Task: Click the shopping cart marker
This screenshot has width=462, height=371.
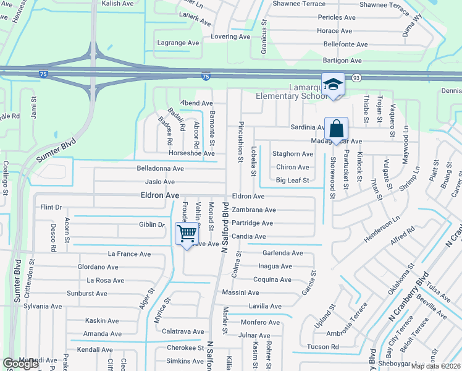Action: click(187, 234)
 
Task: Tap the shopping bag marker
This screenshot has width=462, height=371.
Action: click(336, 129)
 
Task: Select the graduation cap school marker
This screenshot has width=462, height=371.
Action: click(333, 85)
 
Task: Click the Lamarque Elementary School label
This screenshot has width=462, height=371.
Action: click(292, 92)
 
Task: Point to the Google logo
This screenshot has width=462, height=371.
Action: click(20, 364)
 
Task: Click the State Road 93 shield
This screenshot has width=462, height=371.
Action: click(356, 77)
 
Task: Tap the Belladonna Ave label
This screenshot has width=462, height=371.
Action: click(161, 168)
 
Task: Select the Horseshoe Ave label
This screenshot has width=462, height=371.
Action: click(192, 153)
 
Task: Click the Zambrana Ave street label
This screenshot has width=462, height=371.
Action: click(253, 210)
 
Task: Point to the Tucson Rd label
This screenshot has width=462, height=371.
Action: click(322, 347)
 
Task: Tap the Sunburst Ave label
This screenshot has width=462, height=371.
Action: click(87, 293)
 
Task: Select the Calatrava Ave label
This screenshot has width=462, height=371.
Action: click(183, 332)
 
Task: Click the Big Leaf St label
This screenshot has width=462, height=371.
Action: click(292, 181)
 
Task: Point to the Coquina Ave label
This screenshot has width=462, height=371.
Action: click(272, 279)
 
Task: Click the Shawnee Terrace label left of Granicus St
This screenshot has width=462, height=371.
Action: click(299, 4)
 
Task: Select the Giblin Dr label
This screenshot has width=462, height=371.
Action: click(152, 224)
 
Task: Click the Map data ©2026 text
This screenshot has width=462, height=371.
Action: click(436, 366)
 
